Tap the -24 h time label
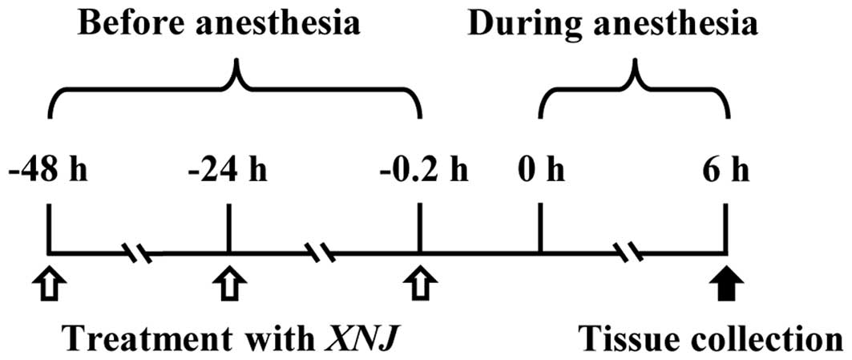click(229, 172)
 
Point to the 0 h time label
click(540, 172)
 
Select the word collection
click(762, 330)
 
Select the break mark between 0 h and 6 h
click(633, 254)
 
